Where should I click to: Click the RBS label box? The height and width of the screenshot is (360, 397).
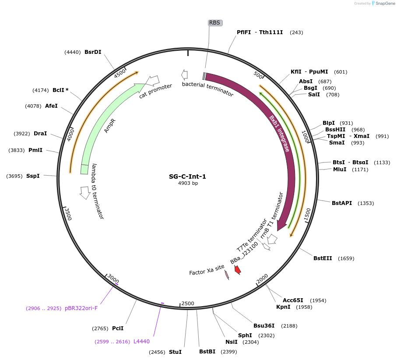coord(215,23)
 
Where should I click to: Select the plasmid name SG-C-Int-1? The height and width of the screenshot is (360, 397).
coord(187,176)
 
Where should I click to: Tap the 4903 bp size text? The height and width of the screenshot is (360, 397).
coord(187,183)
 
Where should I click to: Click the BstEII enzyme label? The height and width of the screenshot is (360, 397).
coord(323,258)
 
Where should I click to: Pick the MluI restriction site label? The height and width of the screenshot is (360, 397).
coord(340,169)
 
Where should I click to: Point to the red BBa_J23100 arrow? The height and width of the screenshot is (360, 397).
coord(238,270)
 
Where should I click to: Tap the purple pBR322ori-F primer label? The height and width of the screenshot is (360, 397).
coord(81,308)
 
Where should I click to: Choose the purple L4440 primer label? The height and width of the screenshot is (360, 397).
coord(141,341)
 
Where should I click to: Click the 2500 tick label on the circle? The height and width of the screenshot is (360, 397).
coord(188,304)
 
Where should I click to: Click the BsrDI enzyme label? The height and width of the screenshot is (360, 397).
coord(93,52)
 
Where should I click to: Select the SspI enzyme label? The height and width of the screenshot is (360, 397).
coord(33,176)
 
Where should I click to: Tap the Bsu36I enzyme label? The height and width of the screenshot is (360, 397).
coord(264,325)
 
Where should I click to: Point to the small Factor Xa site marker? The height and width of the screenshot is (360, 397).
coord(227,275)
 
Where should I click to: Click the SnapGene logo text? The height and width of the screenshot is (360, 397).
coord(384,4)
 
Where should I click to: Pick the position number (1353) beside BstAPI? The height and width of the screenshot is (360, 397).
coord(365,203)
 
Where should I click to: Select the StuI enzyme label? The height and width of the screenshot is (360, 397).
coord(175,352)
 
